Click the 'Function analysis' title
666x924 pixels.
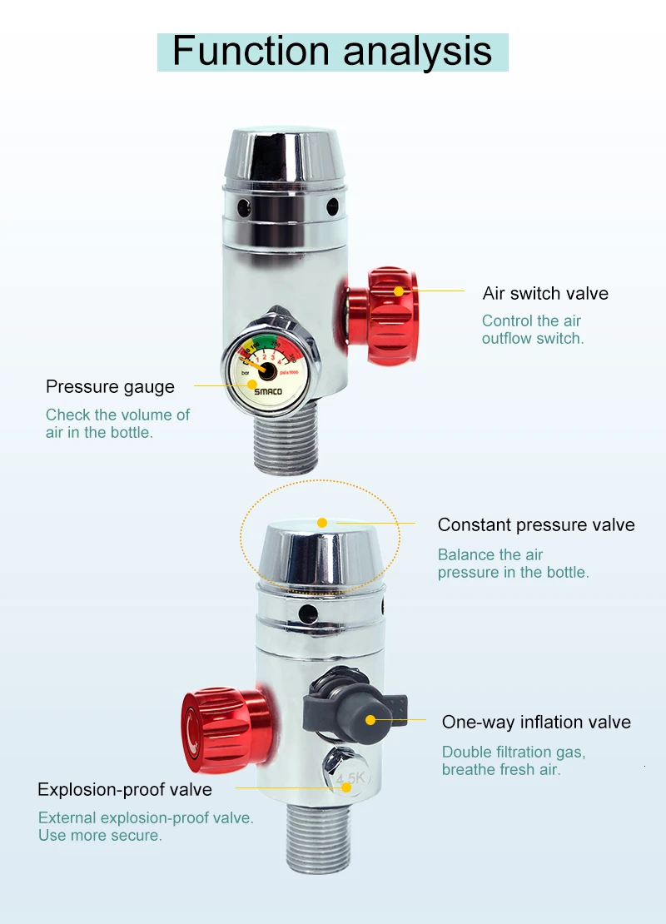[332, 52]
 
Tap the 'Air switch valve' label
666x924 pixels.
[545, 294]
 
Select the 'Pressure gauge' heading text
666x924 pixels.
[110, 387]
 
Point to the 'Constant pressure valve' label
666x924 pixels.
[536, 525]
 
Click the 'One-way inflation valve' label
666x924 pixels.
[536, 723]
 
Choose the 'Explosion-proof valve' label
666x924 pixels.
[125, 790]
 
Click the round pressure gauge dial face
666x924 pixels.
[266, 372]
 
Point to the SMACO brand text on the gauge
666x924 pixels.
[268, 391]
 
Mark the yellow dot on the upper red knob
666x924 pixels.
[399, 291]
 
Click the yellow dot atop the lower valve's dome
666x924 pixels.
[322, 523]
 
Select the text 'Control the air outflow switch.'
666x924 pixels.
[533, 330]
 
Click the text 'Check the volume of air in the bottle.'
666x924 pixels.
[117, 423]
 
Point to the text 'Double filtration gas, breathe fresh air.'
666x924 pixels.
[514, 761]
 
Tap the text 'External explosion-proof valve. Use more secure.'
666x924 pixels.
[146, 827]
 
